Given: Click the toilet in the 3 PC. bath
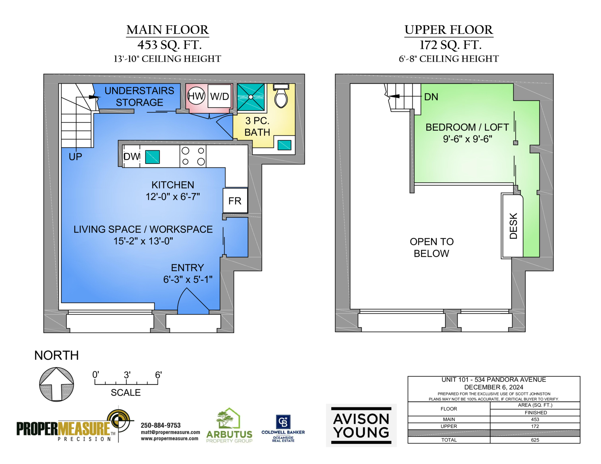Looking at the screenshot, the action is click(x=281, y=96).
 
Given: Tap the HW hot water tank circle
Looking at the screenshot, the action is click(x=196, y=96).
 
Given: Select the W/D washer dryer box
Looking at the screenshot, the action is click(x=219, y=96).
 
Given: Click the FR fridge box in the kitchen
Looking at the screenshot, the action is click(x=235, y=200).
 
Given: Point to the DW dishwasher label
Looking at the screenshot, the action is click(x=131, y=157).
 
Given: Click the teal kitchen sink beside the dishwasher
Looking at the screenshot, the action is click(x=153, y=157).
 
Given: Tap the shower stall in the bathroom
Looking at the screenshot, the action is click(x=251, y=97).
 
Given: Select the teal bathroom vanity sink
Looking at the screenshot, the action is click(x=284, y=145).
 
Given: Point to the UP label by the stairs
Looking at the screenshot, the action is click(x=75, y=157).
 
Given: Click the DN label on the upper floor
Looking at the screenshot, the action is click(x=431, y=97).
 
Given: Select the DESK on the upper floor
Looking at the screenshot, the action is click(x=512, y=226).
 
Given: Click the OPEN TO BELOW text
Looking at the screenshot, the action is click(x=432, y=247).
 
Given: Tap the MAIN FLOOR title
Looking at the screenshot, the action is click(x=168, y=30).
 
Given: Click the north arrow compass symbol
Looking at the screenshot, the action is click(x=56, y=384).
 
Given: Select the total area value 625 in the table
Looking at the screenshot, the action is click(x=535, y=440).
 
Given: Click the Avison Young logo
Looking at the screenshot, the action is click(x=361, y=425).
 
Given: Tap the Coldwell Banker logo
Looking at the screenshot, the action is click(x=283, y=428).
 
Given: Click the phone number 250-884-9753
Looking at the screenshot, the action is click(x=160, y=425).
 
